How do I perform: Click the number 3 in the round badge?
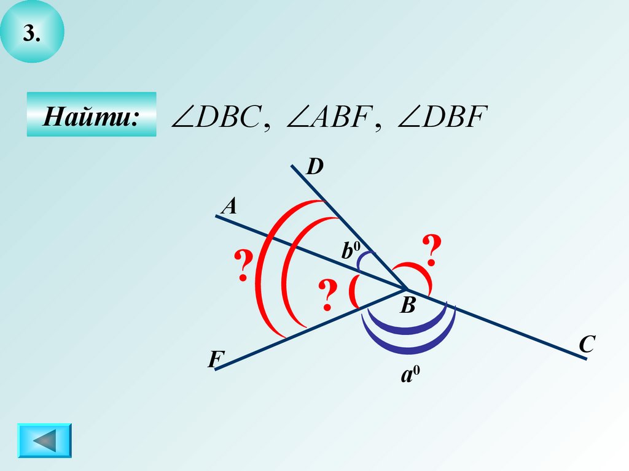pyautogui.click(x=32, y=35)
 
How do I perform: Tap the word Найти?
pyautogui.click(x=90, y=115)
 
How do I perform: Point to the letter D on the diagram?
pyautogui.click(x=315, y=166)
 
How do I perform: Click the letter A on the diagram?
pyautogui.click(x=229, y=207)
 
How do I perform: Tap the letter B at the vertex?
pyautogui.click(x=408, y=305)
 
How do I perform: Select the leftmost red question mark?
pyautogui.click(x=244, y=266)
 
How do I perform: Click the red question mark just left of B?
pyautogui.click(x=328, y=294)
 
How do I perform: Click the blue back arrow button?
pyautogui.click(x=44, y=440)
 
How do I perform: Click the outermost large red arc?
pyautogui.click(x=264, y=270)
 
